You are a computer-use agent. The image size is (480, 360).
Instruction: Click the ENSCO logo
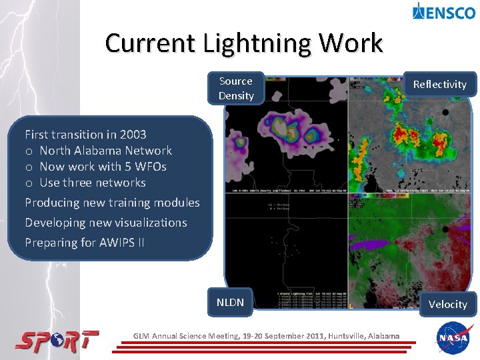443,11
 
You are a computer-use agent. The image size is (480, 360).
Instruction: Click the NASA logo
455,339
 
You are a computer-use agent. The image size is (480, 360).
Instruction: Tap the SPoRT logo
57,341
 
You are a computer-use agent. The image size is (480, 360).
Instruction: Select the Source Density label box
236,89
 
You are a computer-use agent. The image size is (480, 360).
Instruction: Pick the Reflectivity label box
439,84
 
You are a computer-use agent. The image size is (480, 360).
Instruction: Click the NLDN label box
230,302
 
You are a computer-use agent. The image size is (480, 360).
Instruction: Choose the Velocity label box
447,304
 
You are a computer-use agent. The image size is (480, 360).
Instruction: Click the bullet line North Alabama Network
105,151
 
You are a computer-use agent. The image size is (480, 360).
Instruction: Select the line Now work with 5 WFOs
103,167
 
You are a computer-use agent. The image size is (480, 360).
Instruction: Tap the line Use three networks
92,183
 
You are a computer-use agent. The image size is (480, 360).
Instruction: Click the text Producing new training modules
112,203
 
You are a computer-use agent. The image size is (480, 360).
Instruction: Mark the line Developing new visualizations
105,223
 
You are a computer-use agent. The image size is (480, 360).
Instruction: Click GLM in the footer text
142,336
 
